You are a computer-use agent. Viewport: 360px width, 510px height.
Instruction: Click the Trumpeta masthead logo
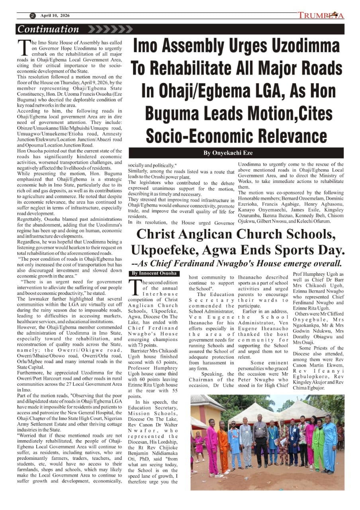[x=321, y=16]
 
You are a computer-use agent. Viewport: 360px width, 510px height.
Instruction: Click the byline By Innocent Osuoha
[x=154, y=273]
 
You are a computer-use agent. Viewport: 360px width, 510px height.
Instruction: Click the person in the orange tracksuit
[x=224, y=446]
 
